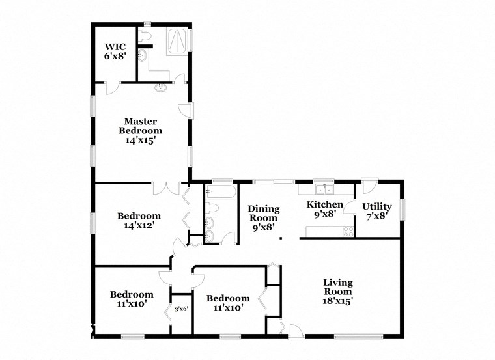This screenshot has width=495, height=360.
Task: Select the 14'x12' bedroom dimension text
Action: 138,225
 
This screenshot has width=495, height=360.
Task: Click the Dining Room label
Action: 263,214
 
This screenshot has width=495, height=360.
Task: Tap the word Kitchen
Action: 324,204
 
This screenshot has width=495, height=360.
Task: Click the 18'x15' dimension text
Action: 338,301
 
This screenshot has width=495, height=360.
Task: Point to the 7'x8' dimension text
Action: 376,216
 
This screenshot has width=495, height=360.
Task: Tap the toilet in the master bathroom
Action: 147,35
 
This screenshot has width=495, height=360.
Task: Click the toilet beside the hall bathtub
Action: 212,209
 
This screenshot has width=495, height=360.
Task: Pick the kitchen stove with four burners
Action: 348,230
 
